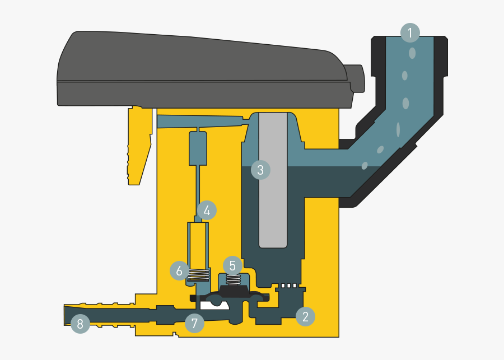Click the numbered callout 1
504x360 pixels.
tap(410, 33)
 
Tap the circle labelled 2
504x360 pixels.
tap(305, 316)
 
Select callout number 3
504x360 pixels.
tap(260, 170)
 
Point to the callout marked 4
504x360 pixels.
tap(207, 211)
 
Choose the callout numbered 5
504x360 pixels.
tap(232, 266)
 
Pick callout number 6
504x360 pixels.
tap(179, 270)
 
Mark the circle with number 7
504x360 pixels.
tap(194, 323)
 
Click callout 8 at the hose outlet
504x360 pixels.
tap(80, 324)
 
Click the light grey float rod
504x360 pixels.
tap(273, 180)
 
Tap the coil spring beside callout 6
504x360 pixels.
tap(199, 275)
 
